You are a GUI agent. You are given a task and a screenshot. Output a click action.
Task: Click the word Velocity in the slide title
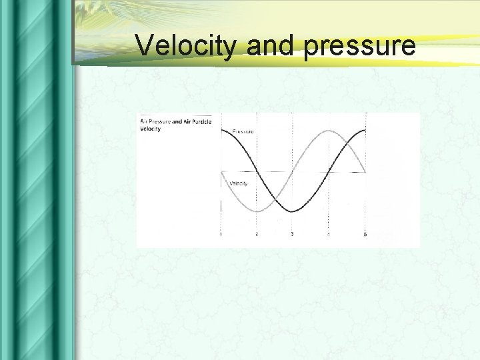[x=187, y=45]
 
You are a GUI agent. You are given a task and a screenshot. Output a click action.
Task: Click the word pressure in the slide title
[x=360, y=47]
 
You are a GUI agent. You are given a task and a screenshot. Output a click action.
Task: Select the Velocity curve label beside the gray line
[x=239, y=183]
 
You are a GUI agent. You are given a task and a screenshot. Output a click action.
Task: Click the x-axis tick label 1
[x=221, y=234]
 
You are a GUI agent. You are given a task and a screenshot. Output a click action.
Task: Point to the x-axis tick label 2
[x=257, y=234]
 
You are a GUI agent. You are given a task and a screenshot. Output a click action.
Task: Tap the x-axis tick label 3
[x=292, y=234]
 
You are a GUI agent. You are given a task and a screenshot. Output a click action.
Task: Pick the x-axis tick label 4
[x=328, y=234]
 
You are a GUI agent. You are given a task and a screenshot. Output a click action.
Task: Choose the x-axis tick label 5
[x=365, y=234]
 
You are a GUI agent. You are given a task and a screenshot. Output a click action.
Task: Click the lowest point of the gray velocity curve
[x=257, y=211]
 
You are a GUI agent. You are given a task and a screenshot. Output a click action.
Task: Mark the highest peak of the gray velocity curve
[x=329, y=131]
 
